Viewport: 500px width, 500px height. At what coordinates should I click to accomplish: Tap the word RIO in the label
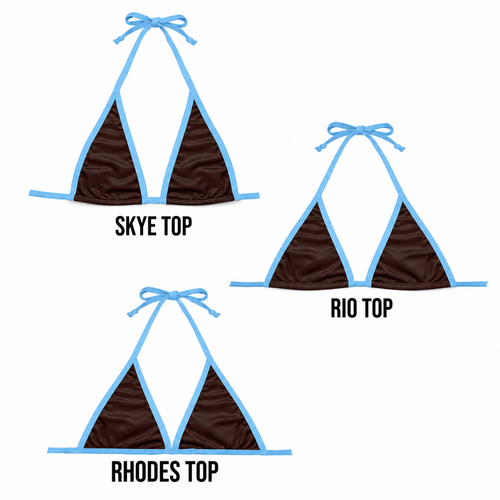coord(343,308)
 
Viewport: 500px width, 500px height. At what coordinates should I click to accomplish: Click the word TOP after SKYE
coord(177,226)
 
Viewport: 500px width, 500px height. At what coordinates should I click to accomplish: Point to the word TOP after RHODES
coord(202,471)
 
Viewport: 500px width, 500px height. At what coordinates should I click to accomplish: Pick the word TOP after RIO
coord(377,308)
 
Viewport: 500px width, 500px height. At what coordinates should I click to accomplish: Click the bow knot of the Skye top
coord(155,22)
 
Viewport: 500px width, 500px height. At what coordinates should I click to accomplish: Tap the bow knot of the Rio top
coord(360,130)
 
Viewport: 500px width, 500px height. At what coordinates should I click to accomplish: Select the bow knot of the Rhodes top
coord(173,295)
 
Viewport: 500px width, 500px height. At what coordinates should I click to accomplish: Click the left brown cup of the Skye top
coord(110,160)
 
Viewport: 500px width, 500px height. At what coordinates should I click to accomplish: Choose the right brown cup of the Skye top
coord(199,160)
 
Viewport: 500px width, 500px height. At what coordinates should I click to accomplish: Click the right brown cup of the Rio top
coord(411,253)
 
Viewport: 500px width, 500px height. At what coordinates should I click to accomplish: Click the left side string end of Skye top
coord(30,193)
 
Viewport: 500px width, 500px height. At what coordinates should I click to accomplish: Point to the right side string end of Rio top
coord(486,284)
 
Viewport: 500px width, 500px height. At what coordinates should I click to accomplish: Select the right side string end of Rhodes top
coord(290,452)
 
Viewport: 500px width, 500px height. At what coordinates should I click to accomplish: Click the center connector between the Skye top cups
coord(154,200)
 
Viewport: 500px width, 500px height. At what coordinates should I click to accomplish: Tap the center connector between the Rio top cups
coord(360,284)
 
